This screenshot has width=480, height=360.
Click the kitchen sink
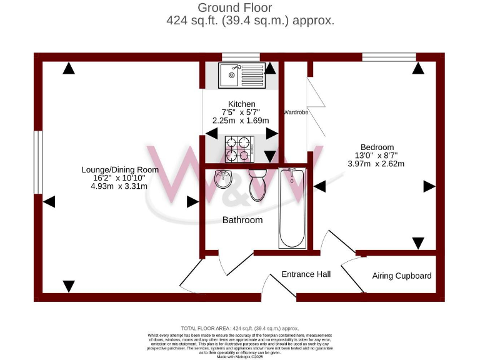tap(242, 75)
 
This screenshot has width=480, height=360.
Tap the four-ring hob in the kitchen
tap(240, 148)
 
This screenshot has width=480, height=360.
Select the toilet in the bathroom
tap(257, 184)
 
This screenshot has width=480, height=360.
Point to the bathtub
tap(292, 207)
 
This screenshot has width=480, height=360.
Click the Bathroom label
tap(242, 220)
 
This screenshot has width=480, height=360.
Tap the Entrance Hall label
tap(306, 274)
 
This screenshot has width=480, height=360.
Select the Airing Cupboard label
tap(401, 276)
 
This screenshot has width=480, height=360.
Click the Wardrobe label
tap(296, 112)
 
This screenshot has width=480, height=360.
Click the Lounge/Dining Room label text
tap(120, 169)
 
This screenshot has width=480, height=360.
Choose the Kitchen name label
tap(241, 104)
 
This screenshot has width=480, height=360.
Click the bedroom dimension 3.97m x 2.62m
tap(376, 164)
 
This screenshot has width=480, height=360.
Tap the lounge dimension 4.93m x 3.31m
tap(119, 186)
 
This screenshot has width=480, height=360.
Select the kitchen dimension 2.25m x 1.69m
tap(241, 121)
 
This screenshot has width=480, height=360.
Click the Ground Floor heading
tap(235, 7)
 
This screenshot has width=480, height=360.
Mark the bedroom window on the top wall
tap(389, 57)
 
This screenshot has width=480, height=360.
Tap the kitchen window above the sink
tap(241, 57)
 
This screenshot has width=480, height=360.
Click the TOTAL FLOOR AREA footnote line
tap(239, 328)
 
